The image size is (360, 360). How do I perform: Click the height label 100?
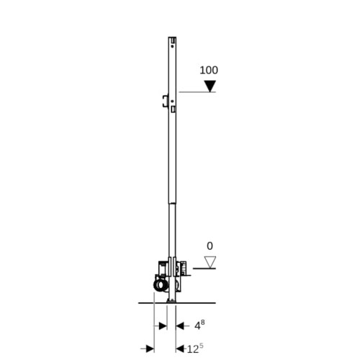[x=209, y=71]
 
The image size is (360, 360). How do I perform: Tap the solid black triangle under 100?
[x=210, y=86]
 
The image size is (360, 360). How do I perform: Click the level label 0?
[x=210, y=246]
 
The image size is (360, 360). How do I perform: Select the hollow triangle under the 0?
[x=210, y=262]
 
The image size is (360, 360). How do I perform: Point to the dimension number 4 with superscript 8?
[x=199, y=325]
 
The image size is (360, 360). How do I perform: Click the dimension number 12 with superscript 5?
[x=195, y=348]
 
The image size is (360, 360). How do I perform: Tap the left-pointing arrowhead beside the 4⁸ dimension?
[x=179, y=326]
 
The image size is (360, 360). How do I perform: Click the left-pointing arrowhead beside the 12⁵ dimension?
[x=179, y=348]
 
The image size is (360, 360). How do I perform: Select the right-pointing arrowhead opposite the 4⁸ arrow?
[x=163, y=326]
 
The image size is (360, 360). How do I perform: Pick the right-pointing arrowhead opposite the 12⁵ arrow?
[x=150, y=348]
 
